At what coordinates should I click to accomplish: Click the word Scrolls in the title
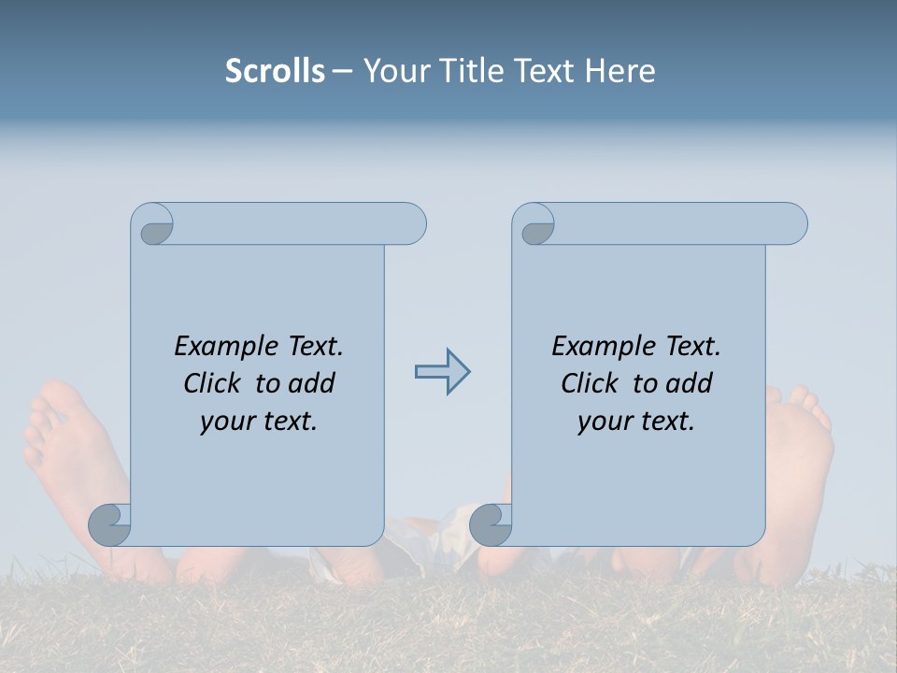click(275, 71)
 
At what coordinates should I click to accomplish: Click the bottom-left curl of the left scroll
click(110, 525)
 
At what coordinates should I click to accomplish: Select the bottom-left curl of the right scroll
click(491, 525)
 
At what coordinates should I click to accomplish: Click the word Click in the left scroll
click(212, 383)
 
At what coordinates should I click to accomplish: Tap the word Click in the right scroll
click(590, 383)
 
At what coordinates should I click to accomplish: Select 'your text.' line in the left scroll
click(259, 422)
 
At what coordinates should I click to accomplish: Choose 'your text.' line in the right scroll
click(636, 422)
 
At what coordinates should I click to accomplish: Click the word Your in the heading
click(393, 71)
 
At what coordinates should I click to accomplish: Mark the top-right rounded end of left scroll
click(411, 224)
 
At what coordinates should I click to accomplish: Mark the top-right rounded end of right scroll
click(792, 224)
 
